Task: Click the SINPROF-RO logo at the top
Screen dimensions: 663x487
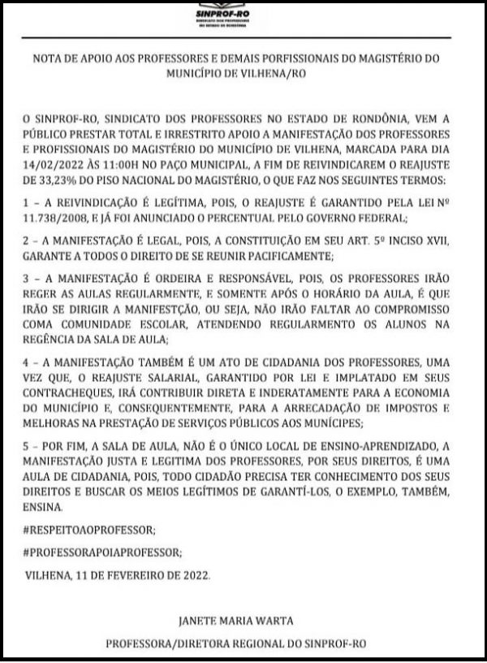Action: click(243, 17)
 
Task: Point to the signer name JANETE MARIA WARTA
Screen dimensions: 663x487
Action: click(243, 622)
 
